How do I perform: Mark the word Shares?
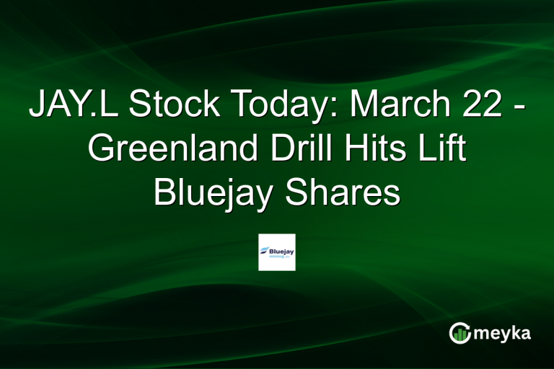pyautogui.click(x=345, y=193)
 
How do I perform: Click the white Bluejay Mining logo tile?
pyautogui.click(x=277, y=252)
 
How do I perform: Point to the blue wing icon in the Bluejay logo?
pyautogui.click(x=265, y=248)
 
